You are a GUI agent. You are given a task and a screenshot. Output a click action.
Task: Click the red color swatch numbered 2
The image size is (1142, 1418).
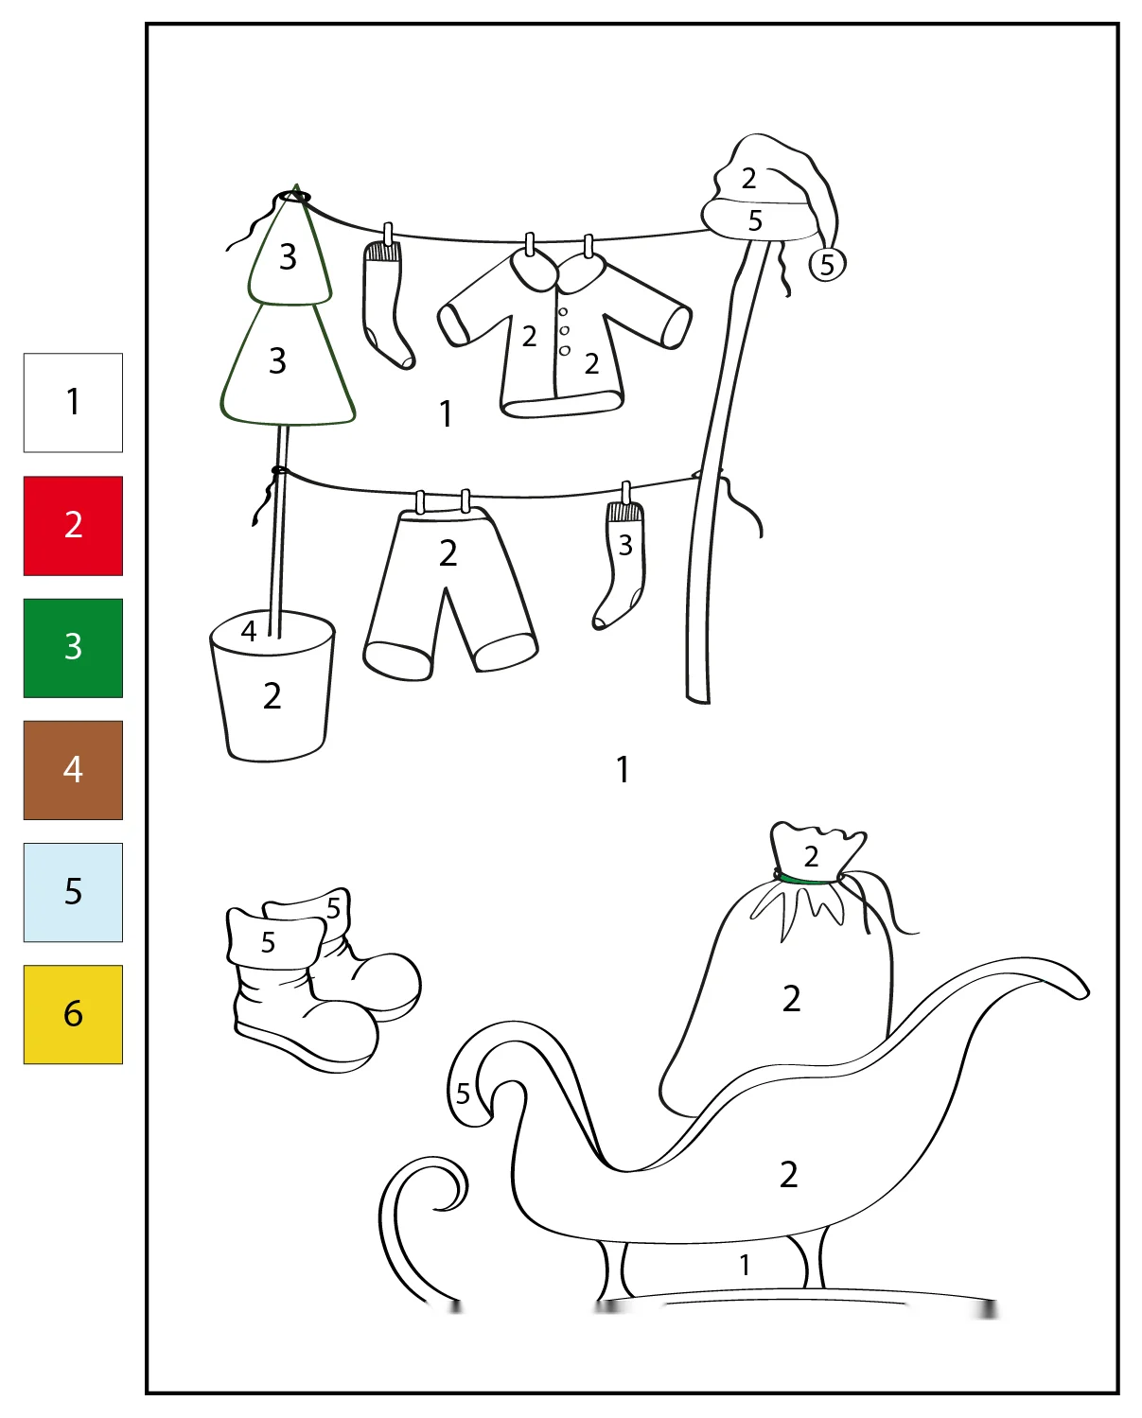(73, 526)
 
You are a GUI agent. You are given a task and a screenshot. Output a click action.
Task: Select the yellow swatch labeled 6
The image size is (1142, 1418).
(73, 1014)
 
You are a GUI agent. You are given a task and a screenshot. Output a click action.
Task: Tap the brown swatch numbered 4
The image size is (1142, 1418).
(73, 770)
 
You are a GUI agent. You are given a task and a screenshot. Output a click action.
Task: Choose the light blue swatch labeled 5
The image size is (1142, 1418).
(73, 892)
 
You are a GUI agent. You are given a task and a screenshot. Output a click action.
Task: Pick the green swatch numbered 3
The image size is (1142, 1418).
(73, 648)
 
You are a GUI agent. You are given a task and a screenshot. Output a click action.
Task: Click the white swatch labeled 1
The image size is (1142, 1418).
(73, 403)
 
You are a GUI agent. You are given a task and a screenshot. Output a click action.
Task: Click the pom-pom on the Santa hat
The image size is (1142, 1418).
(827, 265)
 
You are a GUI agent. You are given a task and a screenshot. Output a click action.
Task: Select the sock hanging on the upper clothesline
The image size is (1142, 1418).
(388, 303)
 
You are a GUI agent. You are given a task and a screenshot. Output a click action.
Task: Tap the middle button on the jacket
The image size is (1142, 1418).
(564, 331)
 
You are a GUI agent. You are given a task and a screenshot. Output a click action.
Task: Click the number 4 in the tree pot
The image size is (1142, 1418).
(249, 631)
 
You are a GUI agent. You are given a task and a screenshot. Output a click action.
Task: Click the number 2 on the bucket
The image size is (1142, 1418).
(272, 696)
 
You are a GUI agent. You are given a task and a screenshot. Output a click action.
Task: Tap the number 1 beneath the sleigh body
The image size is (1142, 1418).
(745, 1265)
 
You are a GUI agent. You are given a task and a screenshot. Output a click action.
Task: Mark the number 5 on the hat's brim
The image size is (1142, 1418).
(755, 220)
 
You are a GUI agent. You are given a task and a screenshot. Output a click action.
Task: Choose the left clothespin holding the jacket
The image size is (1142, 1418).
(530, 244)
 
